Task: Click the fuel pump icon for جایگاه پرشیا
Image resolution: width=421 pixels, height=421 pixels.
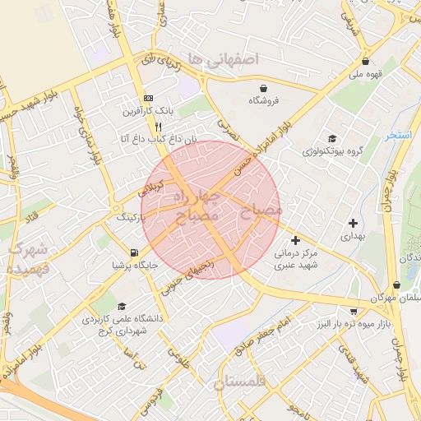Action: pyautogui.click(x=134, y=252)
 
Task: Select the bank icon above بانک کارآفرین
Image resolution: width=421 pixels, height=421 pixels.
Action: pyautogui.click(x=148, y=97)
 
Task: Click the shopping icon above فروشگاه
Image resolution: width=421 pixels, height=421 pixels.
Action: pyautogui.click(x=263, y=88)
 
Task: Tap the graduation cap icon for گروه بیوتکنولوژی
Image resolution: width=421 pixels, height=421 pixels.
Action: pyautogui.click(x=331, y=139)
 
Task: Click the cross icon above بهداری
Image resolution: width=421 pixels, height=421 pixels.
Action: pyautogui.click(x=353, y=223)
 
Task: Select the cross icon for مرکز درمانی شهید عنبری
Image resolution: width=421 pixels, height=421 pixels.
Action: pyautogui.click(x=295, y=240)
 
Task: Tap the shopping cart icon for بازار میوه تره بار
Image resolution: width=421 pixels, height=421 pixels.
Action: pyautogui.click(x=354, y=312)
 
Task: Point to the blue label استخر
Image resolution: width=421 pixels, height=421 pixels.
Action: pyautogui.click(x=399, y=135)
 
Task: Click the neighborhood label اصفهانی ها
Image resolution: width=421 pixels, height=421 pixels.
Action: pyautogui.click(x=222, y=58)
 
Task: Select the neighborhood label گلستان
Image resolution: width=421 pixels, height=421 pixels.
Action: pyautogui.click(x=241, y=382)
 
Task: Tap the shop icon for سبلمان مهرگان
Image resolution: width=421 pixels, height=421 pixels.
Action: pyautogui.click(x=396, y=285)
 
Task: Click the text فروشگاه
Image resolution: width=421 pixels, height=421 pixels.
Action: pyautogui.click(x=265, y=100)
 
